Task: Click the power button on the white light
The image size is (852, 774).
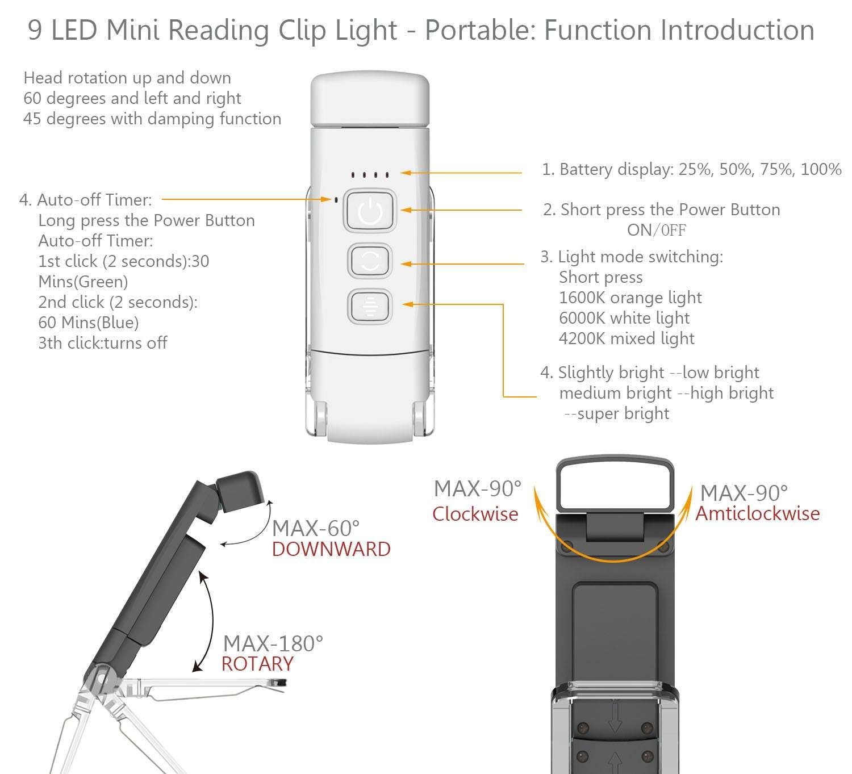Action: pos(370,211)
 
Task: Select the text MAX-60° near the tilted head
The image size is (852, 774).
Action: pos(316,528)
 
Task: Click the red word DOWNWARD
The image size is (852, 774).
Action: pos(331,549)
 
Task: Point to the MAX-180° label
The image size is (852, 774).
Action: pos(273,643)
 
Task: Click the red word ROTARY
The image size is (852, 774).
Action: pos(257,664)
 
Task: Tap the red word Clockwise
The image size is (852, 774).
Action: pos(475,514)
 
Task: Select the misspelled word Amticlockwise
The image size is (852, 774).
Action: pos(758,513)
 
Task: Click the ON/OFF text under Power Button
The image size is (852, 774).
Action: pos(656,230)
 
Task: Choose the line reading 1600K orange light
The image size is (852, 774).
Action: pos(630,298)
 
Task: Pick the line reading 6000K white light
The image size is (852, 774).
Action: pos(624,318)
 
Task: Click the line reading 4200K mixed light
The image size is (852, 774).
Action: pos(627,338)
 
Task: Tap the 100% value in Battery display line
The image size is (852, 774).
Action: pos(821,169)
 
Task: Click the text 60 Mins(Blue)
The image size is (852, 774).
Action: pos(89,323)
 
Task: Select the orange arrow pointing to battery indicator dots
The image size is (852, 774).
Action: pos(460,172)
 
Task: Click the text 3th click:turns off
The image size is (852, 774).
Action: pos(103,343)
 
